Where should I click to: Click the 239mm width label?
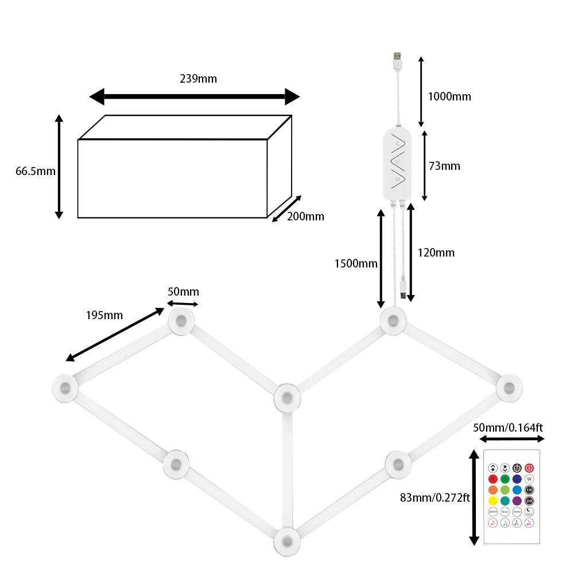pos(199,79)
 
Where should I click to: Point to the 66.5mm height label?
pos(35,171)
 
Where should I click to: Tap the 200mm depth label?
pos(305,216)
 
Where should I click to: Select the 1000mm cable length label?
pos(449,96)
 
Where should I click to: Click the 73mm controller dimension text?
pos(444,166)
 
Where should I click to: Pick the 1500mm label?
pos(356,263)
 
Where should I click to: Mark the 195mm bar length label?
pos(104,315)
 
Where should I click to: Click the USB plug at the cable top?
pos(397,60)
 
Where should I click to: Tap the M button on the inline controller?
pos(398,180)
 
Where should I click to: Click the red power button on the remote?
pos(529,468)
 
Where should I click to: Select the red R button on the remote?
pos(492,479)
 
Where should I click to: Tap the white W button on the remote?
pos(529,479)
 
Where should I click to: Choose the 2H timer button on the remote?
pos(529,501)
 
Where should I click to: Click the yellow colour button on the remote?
pos(492,501)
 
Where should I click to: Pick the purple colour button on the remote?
pos(517,501)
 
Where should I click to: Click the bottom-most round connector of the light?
pos(285,540)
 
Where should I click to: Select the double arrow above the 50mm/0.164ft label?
pos(512,439)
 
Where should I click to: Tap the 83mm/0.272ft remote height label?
pos(435,498)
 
